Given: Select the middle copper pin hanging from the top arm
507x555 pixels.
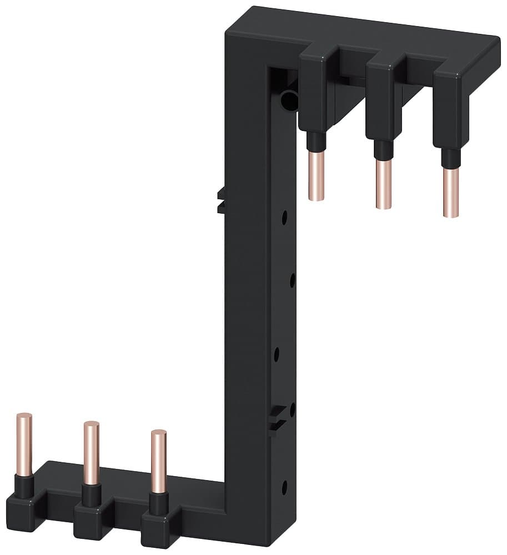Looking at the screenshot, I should click(x=383, y=184).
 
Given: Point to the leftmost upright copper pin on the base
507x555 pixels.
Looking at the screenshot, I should click(x=24, y=444).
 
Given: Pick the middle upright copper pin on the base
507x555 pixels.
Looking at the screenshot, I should click(x=92, y=452).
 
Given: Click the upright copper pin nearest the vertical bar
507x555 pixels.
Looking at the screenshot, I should click(x=159, y=461).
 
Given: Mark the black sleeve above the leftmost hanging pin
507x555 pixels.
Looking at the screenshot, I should click(x=315, y=141).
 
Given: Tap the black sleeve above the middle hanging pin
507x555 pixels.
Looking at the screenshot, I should click(x=382, y=150).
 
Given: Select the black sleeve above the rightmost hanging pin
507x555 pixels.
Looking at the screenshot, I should click(x=450, y=158).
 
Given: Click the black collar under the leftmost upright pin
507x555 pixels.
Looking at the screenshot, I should click(x=24, y=486).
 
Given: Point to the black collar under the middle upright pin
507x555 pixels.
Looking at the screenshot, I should click(x=92, y=495).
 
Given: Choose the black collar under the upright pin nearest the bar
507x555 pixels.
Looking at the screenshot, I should click(x=159, y=503).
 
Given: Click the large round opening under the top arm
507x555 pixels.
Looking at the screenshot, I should click(x=289, y=100).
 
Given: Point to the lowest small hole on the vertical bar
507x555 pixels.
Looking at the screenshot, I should click(x=284, y=487).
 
